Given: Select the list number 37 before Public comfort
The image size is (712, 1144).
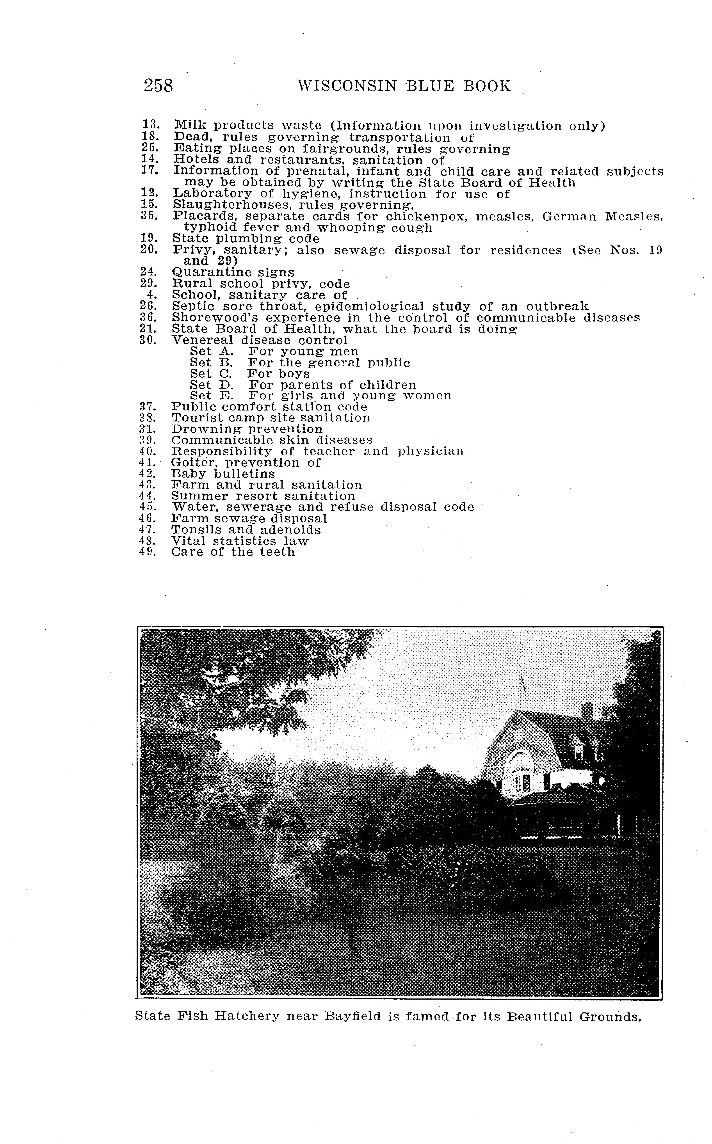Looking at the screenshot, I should [147, 407].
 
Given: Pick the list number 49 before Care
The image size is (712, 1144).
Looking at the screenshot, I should [147, 552].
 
